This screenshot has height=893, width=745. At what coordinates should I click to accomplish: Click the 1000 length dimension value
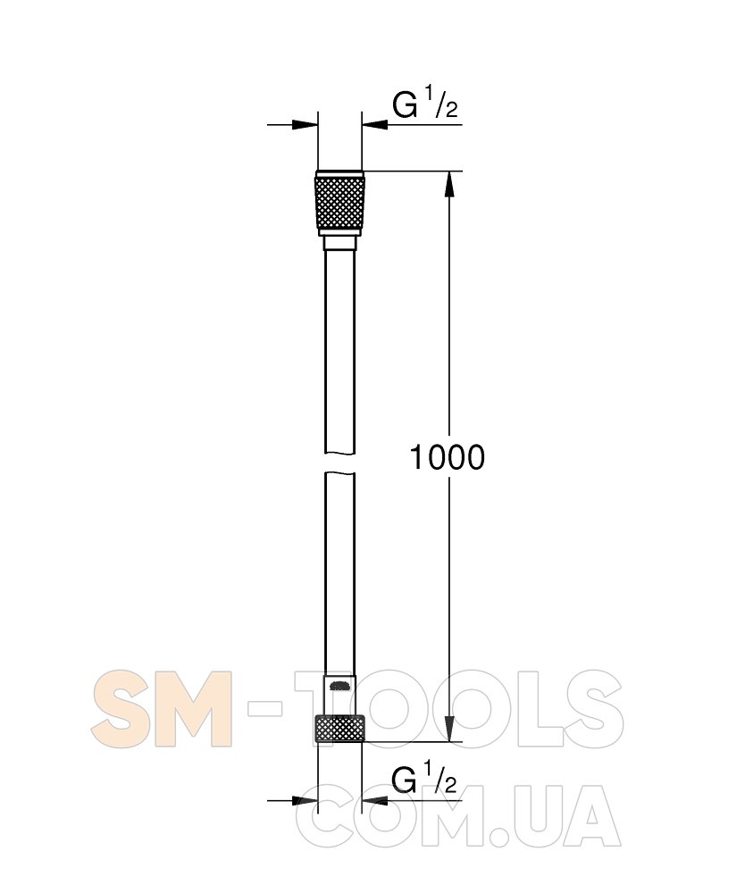(448, 457)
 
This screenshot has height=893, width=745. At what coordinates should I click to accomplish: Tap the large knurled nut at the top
(339, 203)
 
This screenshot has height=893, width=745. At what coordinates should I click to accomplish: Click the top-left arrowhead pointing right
(304, 124)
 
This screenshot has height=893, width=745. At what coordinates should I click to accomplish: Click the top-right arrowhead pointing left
(375, 124)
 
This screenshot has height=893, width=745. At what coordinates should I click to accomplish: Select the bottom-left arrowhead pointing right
(304, 800)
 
